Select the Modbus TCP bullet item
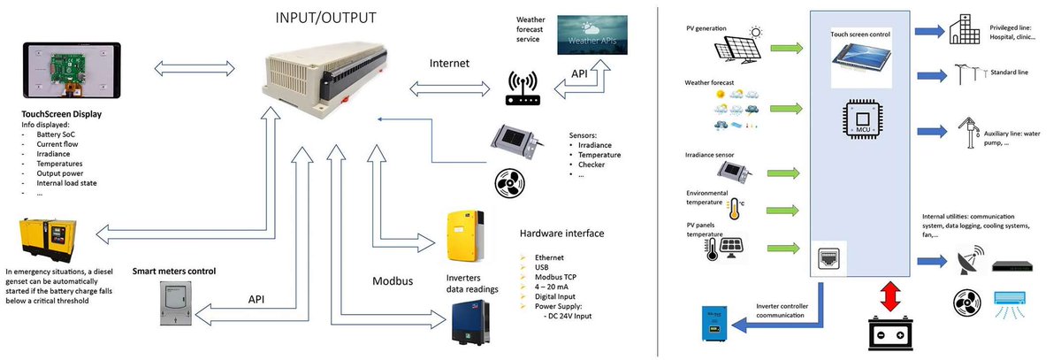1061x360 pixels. coord(557,276)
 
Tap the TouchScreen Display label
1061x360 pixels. coord(61,114)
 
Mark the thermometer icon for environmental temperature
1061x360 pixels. coord(733,209)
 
